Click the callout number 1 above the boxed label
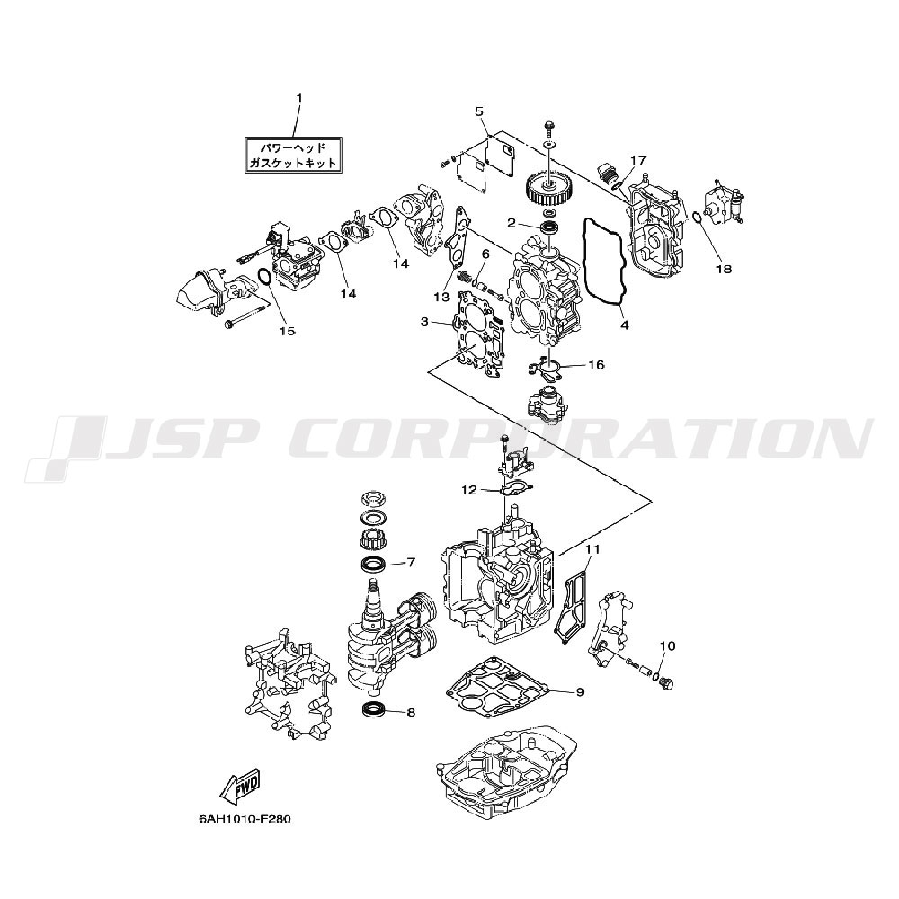tap(298, 98)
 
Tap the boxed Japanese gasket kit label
tap(293, 155)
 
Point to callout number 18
tap(724, 268)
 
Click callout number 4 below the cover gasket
tap(625, 325)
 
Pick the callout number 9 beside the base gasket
tap(580, 692)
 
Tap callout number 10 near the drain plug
tap(667, 646)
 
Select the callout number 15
tap(287, 331)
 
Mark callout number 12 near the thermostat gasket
tap(469, 490)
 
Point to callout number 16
tap(596, 365)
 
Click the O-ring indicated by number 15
tap(264, 276)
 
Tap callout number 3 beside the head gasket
tap(423, 322)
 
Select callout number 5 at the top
tap(479, 111)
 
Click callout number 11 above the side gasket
tap(592, 549)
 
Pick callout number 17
tap(638, 160)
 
